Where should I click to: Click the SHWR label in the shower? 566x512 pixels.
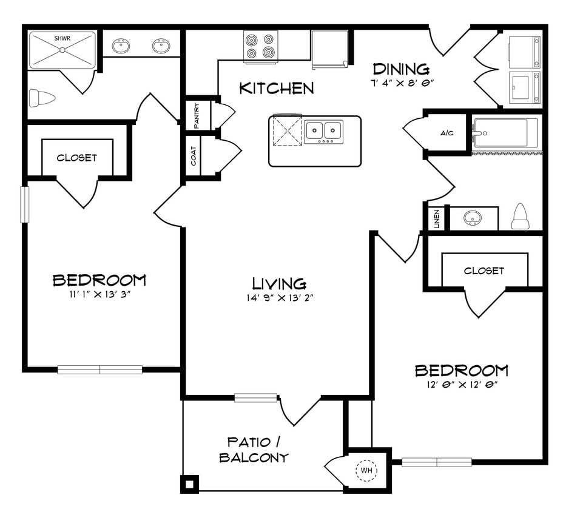pos(62,38)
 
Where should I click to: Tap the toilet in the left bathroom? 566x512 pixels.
pos(42,98)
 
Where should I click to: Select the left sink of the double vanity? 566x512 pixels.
pos(121,46)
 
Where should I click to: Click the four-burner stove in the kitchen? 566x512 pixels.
pos(260,46)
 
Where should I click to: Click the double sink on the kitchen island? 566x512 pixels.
pos(323,130)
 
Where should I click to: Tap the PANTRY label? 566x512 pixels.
pos(197,114)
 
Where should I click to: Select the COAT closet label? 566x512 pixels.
pos(193,156)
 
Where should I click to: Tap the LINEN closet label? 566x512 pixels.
pos(436,219)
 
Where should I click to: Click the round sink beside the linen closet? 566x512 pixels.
pos(473,218)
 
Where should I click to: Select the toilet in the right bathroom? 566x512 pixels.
pos(521,217)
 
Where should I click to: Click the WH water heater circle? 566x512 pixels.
pos(366,470)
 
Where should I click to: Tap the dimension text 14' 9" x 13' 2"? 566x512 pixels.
pos(279,298)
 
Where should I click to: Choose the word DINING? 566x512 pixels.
pos(401,69)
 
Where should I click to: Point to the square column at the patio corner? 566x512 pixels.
pos(189,483)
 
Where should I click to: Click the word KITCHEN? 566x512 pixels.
pos(277,89)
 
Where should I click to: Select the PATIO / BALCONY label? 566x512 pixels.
pos(254,450)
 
